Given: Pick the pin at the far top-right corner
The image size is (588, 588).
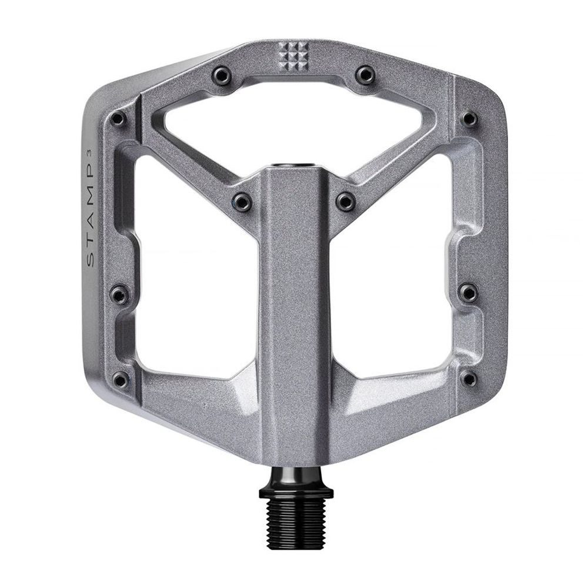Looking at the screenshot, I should pos(469,119).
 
